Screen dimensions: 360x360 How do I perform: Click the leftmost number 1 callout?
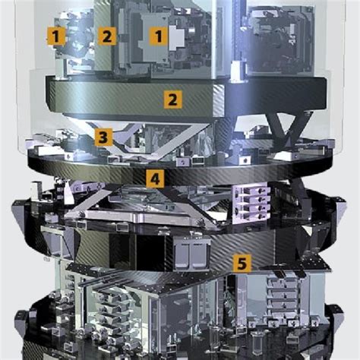[55, 36]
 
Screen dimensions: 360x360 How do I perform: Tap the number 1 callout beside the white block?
[159, 36]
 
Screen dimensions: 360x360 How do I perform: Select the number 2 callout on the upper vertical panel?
[107, 36]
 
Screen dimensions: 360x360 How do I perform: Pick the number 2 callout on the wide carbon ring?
[173, 99]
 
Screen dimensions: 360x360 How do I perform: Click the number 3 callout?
[103, 137]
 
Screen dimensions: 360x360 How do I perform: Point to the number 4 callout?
[155, 178]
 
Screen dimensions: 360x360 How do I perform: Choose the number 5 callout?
[242, 264]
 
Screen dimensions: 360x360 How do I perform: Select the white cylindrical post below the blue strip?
[237, 71]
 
